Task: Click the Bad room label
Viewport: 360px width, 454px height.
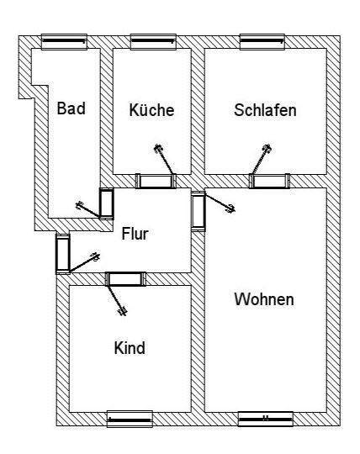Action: click(x=71, y=108)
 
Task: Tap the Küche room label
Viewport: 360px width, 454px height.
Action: click(x=151, y=110)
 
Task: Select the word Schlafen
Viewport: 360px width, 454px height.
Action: click(x=265, y=110)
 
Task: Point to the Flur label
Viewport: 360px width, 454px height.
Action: click(x=135, y=234)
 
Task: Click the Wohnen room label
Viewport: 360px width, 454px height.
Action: click(x=264, y=299)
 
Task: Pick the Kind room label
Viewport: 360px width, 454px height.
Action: click(x=130, y=348)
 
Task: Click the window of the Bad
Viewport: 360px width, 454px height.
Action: click(x=64, y=42)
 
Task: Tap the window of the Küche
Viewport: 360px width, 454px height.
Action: click(x=153, y=42)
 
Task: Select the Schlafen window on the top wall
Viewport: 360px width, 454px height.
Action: click(x=262, y=42)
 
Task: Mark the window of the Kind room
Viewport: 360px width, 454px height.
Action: click(x=130, y=419)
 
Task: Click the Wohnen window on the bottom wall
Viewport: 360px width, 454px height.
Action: click(x=266, y=419)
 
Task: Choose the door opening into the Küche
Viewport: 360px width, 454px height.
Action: click(x=156, y=182)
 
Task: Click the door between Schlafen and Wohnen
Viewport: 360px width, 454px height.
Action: click(x=270, y=182)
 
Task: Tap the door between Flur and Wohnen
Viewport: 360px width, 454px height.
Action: click(x=199, y=211)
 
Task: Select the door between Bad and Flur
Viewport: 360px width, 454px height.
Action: click(x=107, y=203)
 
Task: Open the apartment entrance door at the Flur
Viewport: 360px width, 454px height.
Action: click(x=63, y=253)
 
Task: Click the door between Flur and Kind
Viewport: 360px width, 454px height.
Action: click(x=125, y=279)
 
